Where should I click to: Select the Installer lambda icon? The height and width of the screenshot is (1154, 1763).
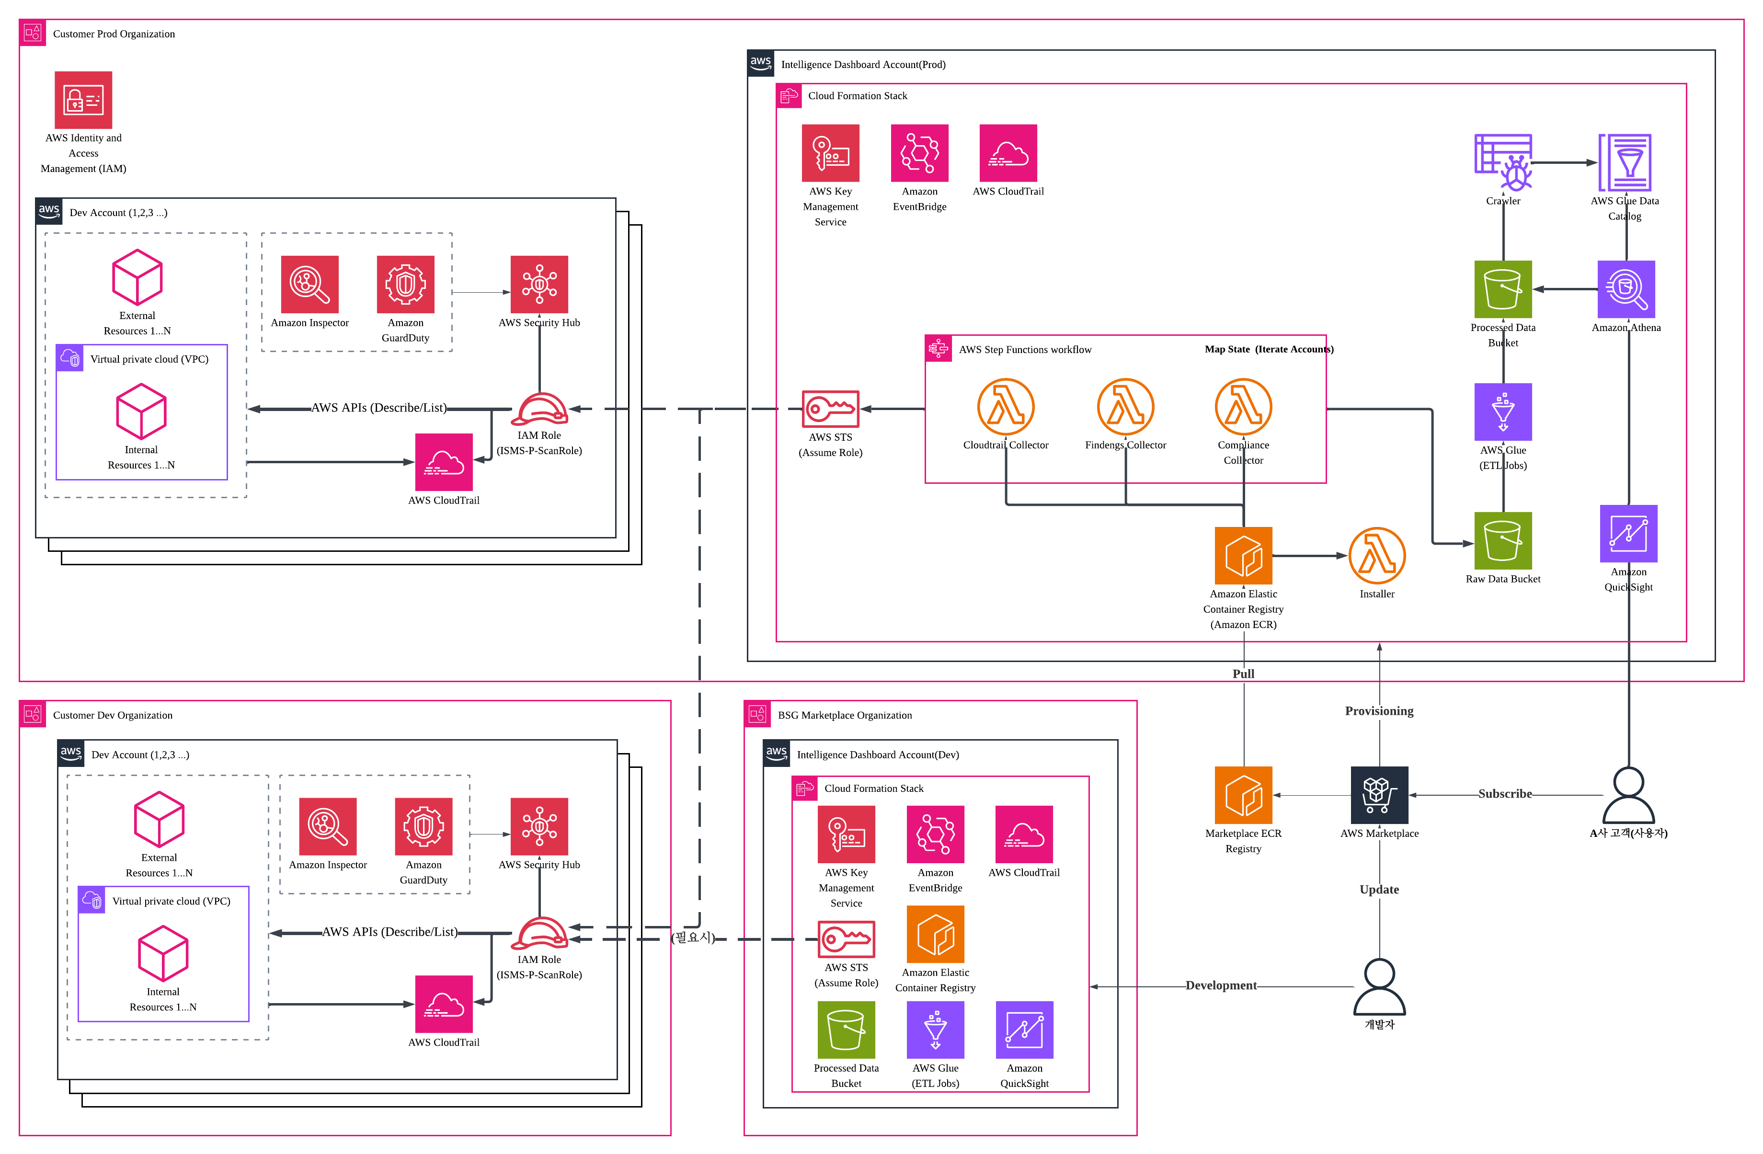[1376, 556]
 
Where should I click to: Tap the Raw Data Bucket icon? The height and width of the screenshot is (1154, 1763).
[1502, 541]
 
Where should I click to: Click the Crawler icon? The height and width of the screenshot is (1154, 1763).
[1503, 162]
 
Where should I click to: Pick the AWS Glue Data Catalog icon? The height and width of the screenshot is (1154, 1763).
[1625, 162]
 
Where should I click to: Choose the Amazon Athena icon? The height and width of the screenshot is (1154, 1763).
[1626, 289]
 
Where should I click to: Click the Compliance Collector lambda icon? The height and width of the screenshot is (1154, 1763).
[1243, 407]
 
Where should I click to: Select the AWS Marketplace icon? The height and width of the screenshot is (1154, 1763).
[1379, 795]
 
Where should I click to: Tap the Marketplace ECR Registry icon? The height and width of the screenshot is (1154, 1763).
[1243, 795]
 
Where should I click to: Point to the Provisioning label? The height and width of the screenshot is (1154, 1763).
[1379, 711]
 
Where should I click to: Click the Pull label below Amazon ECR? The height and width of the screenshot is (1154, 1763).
[1243, 674]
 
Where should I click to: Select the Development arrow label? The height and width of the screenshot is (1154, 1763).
[1220, 985]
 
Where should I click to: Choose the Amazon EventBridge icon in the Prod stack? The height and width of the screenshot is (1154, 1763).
[919, 153]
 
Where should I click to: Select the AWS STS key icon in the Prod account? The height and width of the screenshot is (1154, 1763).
[830, 409]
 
